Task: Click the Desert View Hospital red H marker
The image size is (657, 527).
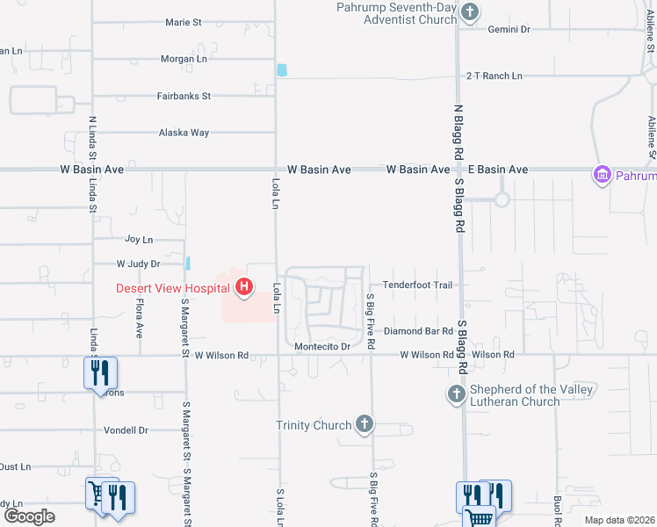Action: tap(243, 287)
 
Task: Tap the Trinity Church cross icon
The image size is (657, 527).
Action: tap(365, 426)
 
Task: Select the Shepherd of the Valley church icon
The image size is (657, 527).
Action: tap(456, 394)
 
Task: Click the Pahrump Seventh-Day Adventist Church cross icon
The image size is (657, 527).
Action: tap(471, 12)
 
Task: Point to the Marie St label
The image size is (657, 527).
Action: tap(184, 23)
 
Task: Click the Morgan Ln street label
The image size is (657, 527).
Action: tap(184, 59)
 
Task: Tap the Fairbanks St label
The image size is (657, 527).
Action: tap(184, 96)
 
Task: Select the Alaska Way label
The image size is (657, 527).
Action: tap(184, 133)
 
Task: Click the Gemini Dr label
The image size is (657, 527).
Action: tap(509, 29)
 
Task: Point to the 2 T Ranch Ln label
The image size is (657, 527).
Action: tap(494, 76)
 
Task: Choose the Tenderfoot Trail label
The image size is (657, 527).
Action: tap(417, 285)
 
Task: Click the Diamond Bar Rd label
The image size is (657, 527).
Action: tap(417, 331)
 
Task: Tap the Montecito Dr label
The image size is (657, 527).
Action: tap(322, 347)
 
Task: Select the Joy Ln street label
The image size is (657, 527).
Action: tap(139, 239)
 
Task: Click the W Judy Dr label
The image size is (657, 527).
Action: tap(139, 263)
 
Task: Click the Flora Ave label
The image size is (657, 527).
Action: tap(139, 318)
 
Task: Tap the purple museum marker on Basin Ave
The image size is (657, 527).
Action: tap(603, 175)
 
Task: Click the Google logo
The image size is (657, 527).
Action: tap(29, 516)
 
